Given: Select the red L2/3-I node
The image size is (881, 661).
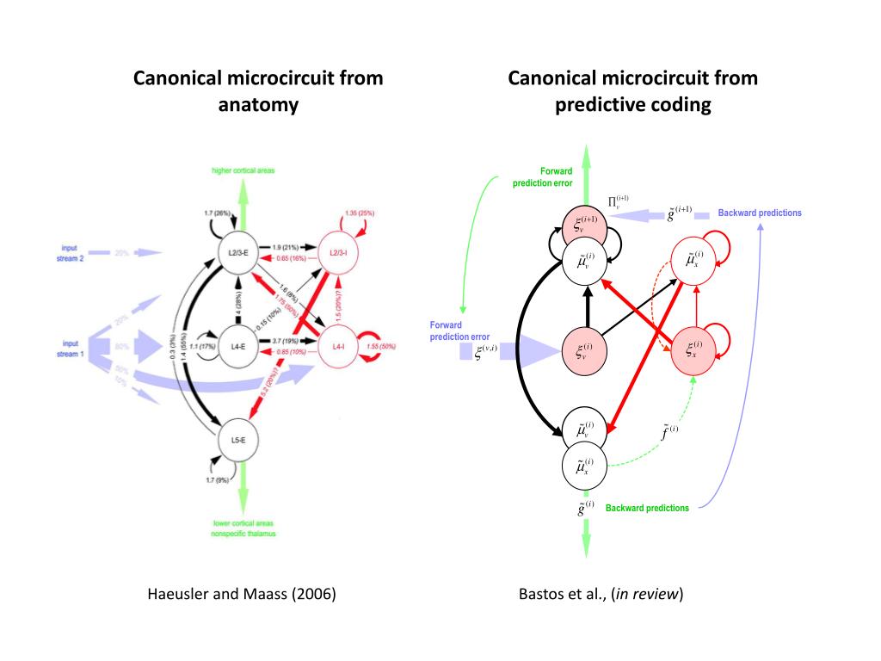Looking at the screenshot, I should (338, 252).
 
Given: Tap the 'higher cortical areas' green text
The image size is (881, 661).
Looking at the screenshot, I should (243, 170).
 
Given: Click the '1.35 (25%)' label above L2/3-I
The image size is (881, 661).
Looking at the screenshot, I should (359, 212).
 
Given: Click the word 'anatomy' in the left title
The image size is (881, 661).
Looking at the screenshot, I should (257, 105).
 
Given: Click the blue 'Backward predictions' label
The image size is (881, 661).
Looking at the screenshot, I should (760, 213).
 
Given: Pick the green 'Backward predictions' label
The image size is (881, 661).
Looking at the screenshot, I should (647, 508).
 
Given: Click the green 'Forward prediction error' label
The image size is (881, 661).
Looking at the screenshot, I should (544, 177).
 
